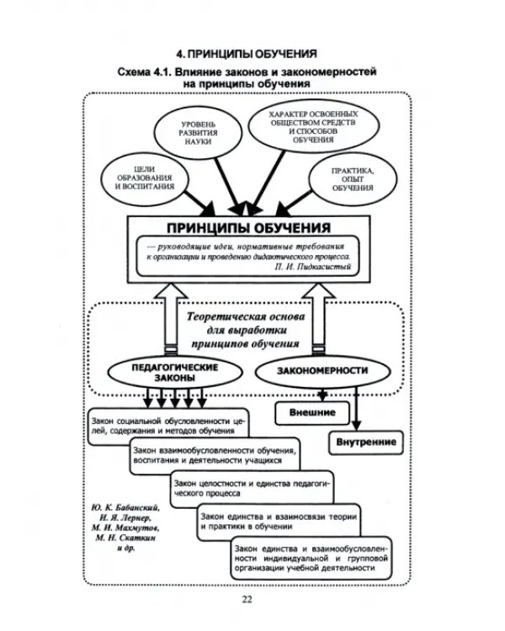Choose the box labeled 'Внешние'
[x=312, y=413]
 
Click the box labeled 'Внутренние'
[x=366, y=442]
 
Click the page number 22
[x=247, y=600]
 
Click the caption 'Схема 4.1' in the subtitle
[x=143, y=74]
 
